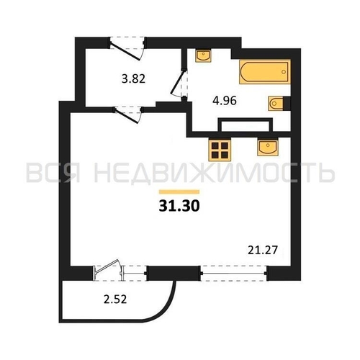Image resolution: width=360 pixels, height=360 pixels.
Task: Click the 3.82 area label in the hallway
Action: [133, 78]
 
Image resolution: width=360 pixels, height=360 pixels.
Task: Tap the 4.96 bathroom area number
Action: [225, 101]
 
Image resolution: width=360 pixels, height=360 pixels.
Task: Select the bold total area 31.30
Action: [179, 206]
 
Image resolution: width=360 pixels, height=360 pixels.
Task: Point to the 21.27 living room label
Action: [263, 251]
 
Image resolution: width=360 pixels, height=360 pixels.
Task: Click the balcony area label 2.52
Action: [115, 300]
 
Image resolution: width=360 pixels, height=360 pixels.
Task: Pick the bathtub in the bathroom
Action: [265, 72]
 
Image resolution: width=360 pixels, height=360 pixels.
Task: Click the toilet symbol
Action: [279, 104]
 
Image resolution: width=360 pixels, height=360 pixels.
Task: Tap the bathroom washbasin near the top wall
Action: [203, 55]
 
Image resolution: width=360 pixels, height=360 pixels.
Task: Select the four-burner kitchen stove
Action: [220, 150]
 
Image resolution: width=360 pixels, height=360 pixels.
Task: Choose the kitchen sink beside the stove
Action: [267, 147]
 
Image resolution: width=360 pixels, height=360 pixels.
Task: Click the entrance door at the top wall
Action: [127, 48]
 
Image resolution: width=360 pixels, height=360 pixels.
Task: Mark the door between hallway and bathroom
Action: [179, 83]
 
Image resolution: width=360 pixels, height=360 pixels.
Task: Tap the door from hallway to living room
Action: [128, 115]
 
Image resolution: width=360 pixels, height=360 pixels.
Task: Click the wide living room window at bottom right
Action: [234, 273]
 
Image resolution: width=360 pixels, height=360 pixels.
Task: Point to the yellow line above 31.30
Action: [179, 192]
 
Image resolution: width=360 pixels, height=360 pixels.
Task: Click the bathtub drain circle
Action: [284, 72]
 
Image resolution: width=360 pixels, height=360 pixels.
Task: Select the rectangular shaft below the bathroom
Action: [246, 125]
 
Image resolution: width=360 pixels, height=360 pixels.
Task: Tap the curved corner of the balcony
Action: [165, 310]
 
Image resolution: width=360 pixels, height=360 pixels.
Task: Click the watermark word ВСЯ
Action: [53, 172]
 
